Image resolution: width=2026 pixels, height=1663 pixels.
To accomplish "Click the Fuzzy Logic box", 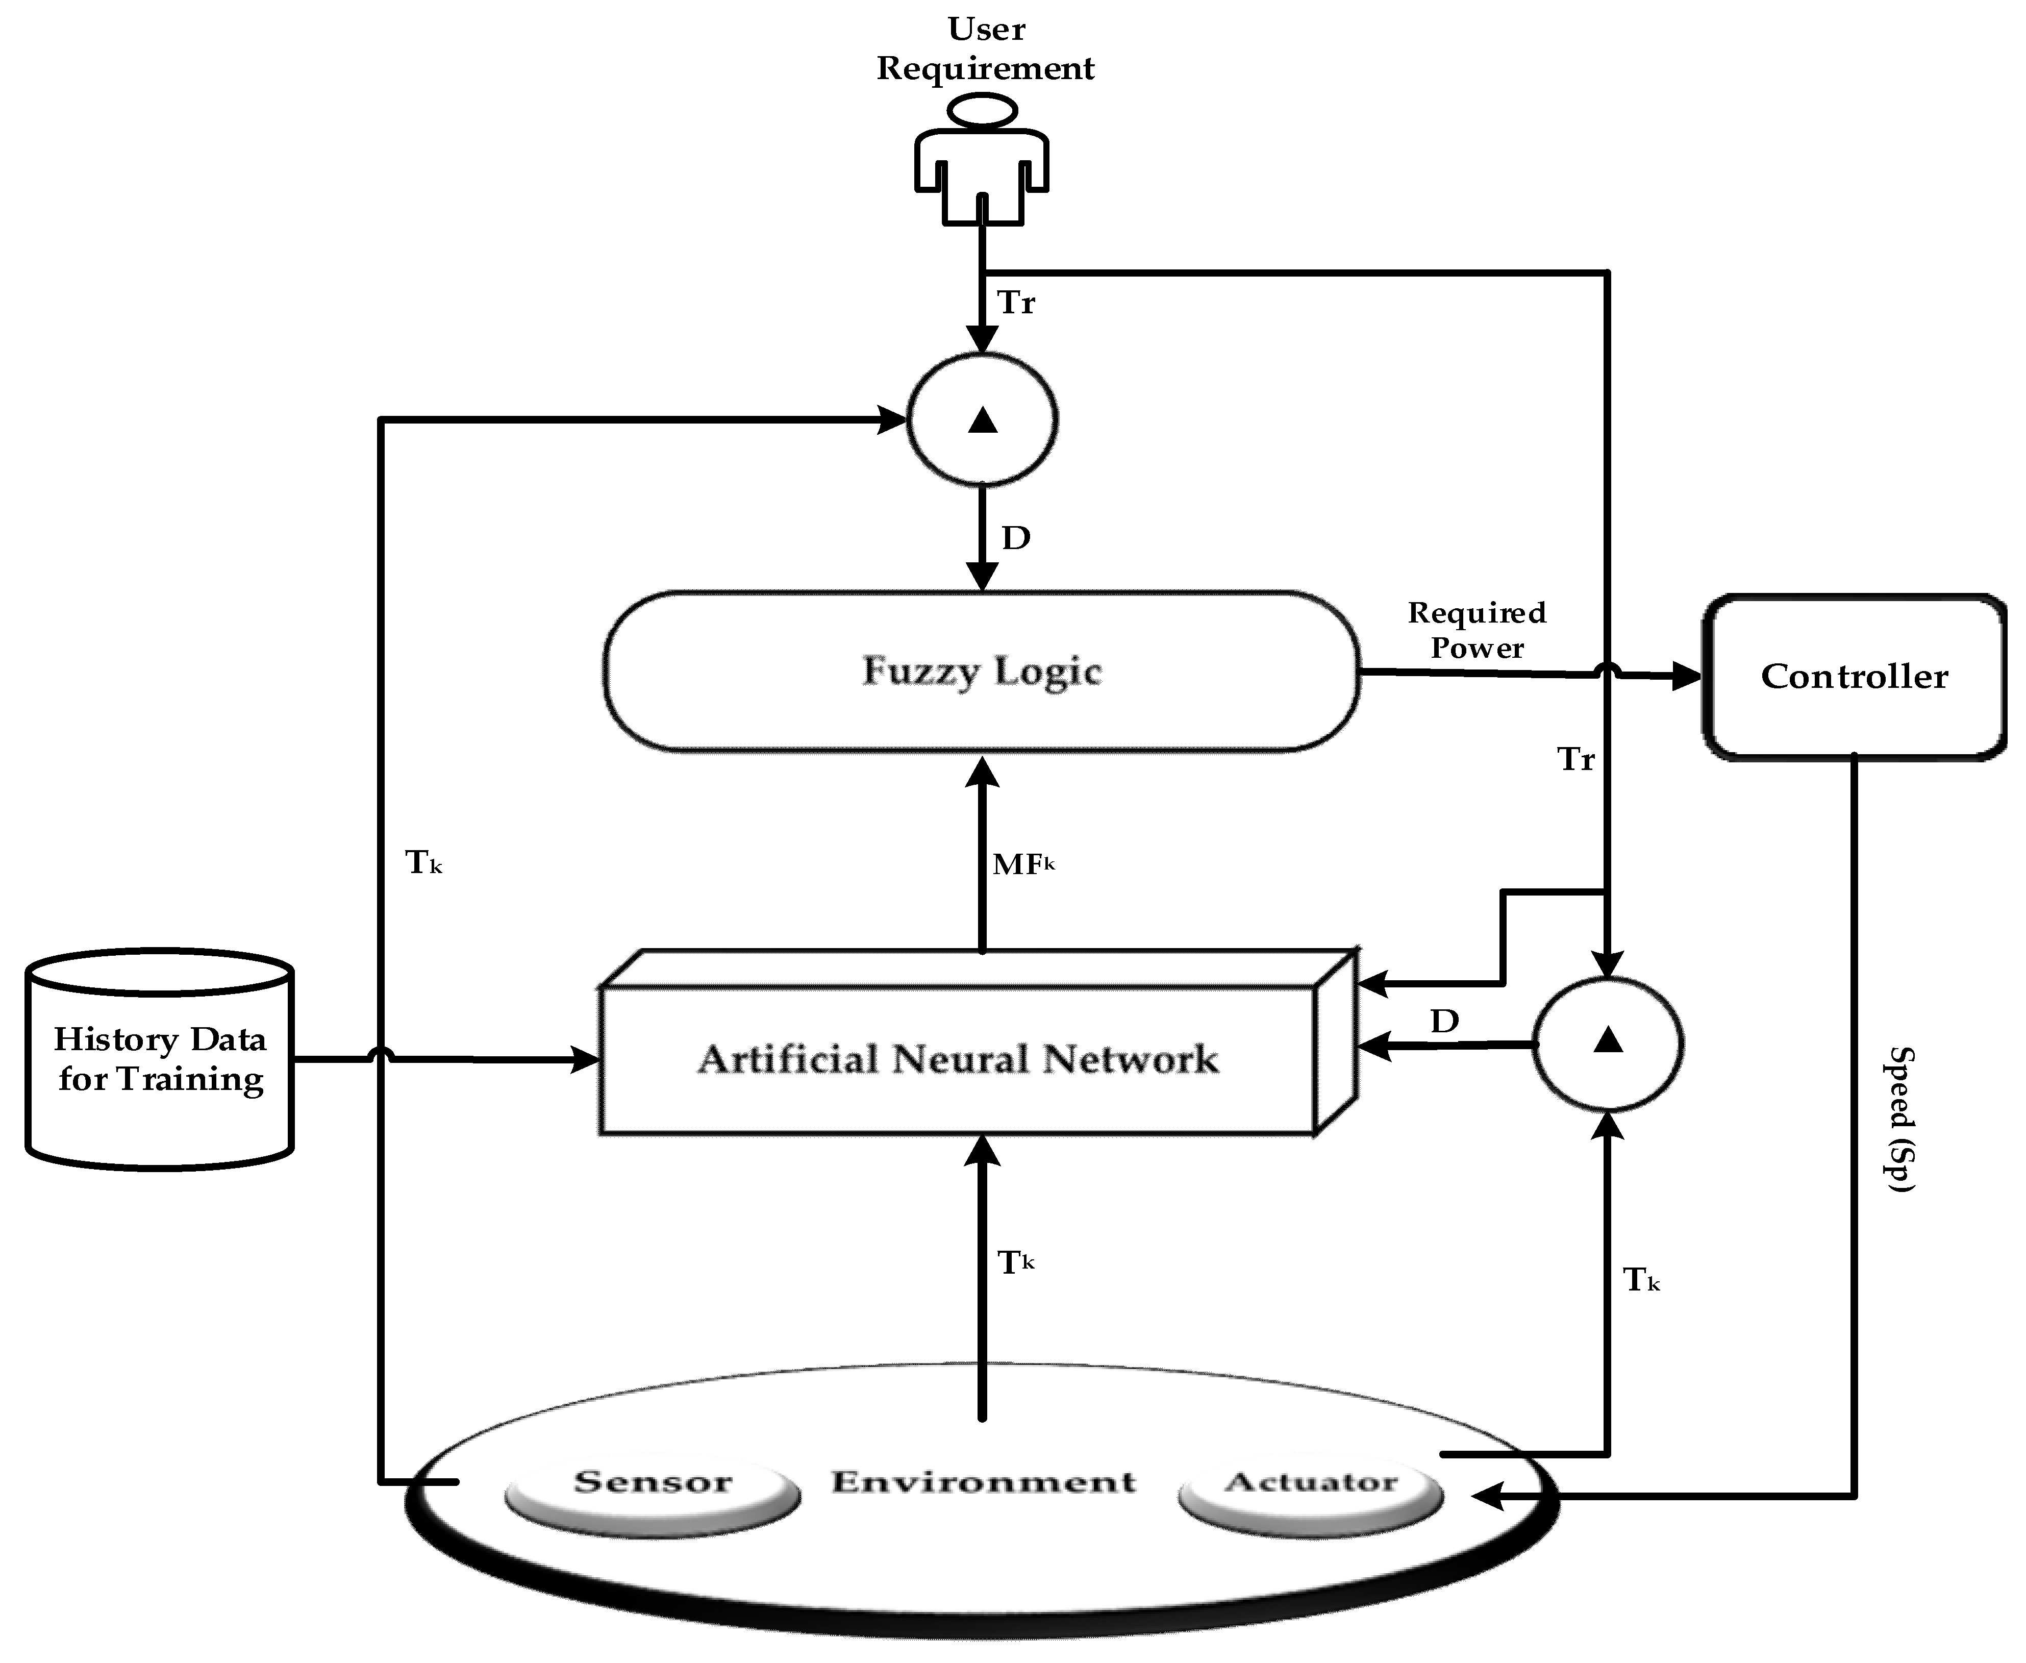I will click(x=981, y=671).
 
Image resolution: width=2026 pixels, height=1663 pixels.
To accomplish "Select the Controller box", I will click(x=1854, y=676).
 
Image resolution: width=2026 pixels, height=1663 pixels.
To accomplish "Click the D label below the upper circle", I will click(x=1015, y=538).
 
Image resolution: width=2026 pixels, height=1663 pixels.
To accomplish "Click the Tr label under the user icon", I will click(x=1015, y=303).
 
